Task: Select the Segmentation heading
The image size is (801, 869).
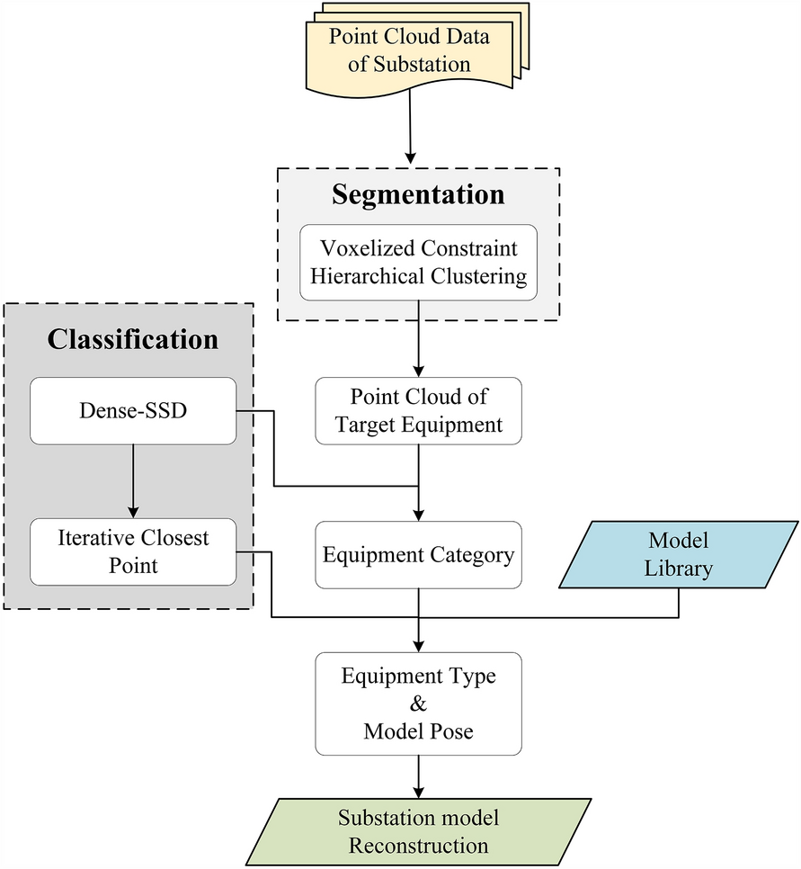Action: click(418, 195)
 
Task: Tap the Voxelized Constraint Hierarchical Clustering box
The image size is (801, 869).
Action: click(418, 262)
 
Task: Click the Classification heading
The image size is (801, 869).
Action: click(132, 339)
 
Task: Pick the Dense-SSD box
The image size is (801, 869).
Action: click(132, 411)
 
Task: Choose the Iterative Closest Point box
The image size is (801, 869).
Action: click(132, 551)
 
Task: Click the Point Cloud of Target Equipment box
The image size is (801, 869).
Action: click(418, 411)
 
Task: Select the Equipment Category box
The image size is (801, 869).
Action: click(418, 555)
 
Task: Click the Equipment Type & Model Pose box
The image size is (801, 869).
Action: click(418, 703)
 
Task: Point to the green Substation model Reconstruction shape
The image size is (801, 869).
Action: click(418, 831)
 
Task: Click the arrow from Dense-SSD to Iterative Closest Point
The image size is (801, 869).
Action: click(132, 481)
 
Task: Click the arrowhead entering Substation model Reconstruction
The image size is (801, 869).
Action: click(418, 791)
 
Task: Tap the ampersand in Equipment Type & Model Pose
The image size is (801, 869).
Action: click(418, 703)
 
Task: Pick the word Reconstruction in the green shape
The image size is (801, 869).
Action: click(418, 846)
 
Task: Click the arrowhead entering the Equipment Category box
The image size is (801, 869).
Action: click(418, 515)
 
